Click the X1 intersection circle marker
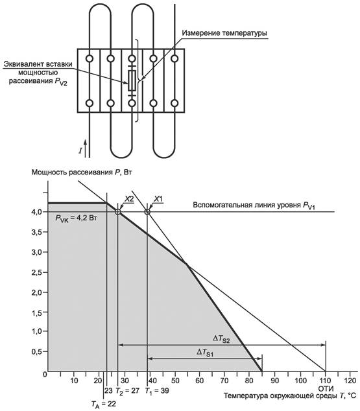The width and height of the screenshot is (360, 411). [147, 211]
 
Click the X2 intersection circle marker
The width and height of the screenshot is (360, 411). [118, 211]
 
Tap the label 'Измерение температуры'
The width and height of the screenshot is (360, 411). [224, 33]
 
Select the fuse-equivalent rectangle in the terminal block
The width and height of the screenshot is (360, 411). [132, 80]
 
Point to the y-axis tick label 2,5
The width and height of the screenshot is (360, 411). [37, 273]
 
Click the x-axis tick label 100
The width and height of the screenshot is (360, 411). [300, 381]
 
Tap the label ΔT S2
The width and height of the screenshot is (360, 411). [221, 339]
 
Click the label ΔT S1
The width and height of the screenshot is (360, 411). [205, 352]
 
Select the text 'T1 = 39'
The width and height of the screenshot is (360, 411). [157, 391]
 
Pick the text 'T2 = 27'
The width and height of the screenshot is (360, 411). [127, 391]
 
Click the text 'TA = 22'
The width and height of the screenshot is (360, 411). [104, 404]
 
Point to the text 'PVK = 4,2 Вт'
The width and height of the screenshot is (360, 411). [77, 218]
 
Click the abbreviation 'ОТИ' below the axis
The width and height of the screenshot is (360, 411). [326, 388]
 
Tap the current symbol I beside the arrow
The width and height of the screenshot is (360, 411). [80, 150]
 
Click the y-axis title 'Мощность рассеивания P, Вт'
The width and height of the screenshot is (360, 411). [82, 172]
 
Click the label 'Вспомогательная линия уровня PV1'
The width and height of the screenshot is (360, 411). [254, 205]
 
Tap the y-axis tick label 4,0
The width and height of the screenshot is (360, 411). [37, 212]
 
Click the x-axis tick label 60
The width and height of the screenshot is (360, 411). [200, 381]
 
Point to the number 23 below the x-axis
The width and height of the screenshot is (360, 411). [108, 391]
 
